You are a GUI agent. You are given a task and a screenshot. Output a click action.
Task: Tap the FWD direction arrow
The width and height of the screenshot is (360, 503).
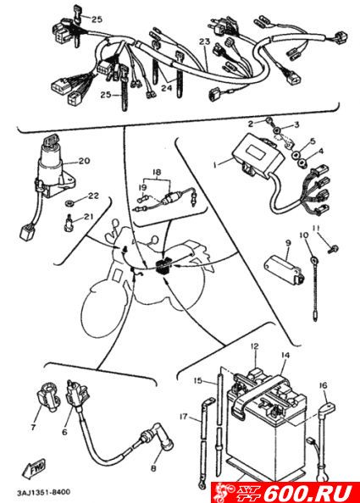point(34,468)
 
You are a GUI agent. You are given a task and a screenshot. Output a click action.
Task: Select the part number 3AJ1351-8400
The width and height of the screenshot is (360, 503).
point(43,492)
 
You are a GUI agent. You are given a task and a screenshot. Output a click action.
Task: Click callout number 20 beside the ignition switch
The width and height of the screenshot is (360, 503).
point(84,160)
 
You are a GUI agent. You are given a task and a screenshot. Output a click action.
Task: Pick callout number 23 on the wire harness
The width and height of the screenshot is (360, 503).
point(204,41)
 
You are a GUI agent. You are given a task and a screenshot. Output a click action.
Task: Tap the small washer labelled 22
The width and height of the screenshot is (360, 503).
point(69,203)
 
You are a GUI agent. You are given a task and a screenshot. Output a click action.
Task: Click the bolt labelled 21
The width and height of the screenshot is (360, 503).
point(67,223)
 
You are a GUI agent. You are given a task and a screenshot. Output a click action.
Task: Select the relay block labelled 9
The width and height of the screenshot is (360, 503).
point(283,268)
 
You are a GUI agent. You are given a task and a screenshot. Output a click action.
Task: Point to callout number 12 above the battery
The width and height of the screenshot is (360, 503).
point(254,346)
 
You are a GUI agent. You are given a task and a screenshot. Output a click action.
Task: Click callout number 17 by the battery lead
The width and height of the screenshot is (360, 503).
point(183,417)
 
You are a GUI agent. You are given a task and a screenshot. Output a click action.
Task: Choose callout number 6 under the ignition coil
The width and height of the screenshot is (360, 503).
point(64,432)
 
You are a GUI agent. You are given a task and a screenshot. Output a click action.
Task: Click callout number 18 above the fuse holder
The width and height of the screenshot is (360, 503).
point(156,173)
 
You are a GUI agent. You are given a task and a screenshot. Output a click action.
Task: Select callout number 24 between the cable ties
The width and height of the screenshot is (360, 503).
point(167,87)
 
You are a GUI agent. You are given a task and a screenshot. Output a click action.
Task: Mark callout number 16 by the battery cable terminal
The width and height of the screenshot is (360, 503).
point(323,385)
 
